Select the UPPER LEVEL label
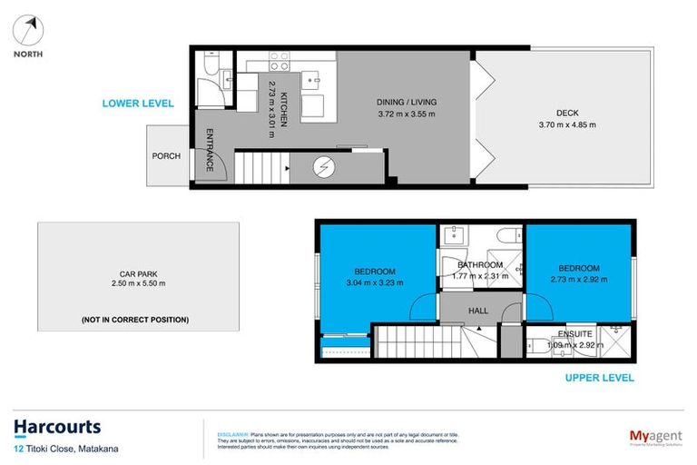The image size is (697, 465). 599,378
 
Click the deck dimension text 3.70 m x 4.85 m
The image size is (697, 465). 567,124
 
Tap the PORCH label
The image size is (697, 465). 166,156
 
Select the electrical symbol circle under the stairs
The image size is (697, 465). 324,168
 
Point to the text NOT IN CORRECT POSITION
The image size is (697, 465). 134,320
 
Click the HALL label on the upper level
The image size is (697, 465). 479,311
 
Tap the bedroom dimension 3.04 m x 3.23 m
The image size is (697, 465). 375,282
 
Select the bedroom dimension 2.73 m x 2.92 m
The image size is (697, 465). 578,279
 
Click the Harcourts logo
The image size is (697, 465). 57,426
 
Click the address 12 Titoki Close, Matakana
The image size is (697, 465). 66,449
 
